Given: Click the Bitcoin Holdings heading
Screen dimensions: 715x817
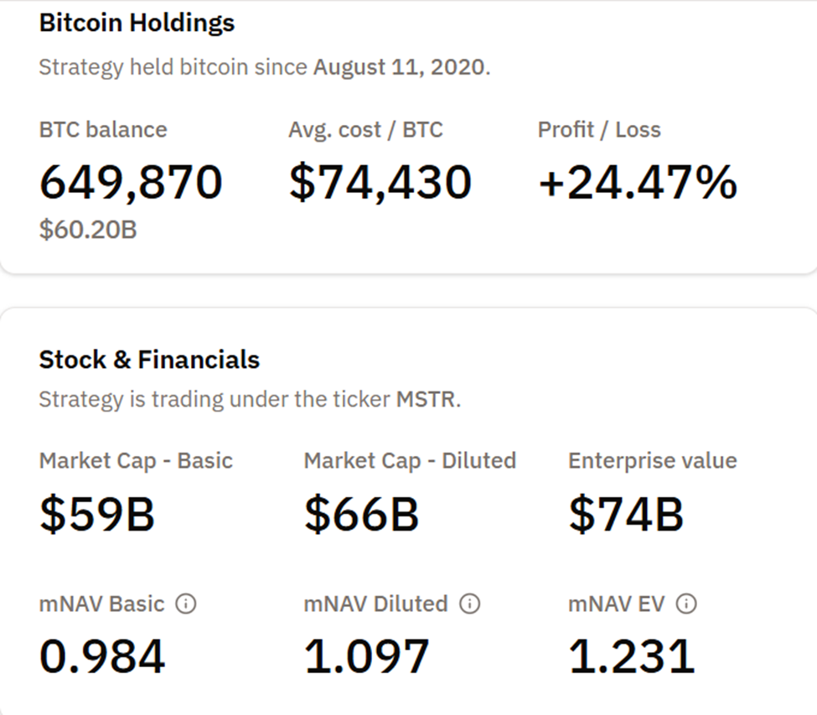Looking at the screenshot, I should (137, 23).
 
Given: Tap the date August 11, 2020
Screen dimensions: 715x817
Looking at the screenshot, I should (399, 67).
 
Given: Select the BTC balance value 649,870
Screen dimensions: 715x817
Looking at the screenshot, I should (131, 183).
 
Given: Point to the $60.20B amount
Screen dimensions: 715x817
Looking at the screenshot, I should (87, 228).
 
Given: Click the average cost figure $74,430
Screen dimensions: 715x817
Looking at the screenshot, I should (380, 183).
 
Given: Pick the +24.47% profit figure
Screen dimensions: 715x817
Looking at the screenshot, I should (637, 183).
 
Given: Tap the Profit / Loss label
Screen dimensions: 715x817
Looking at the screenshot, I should (598, 130).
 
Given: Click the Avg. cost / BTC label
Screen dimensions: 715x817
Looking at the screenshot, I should (365, 130).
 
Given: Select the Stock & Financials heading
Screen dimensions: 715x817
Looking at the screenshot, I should (149, 360).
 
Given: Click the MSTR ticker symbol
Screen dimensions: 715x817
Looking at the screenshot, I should (426, 399).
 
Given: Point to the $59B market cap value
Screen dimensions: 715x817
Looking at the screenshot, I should (96, 514).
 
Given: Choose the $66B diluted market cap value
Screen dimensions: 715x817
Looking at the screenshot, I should (361, 514).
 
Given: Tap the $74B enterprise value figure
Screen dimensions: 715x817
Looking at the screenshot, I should (626, 514).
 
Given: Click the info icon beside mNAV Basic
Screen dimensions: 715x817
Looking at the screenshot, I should (186, 604).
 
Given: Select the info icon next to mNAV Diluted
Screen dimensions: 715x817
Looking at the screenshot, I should (470, 604).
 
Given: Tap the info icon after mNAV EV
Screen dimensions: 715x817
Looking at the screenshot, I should (686, 604).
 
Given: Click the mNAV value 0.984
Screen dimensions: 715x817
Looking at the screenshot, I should (102, 656).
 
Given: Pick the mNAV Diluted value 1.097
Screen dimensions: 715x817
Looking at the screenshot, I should (366, 656).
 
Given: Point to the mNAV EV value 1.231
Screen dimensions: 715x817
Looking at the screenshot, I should (631, 656).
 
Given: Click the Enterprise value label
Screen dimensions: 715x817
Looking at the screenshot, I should (652, 460).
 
